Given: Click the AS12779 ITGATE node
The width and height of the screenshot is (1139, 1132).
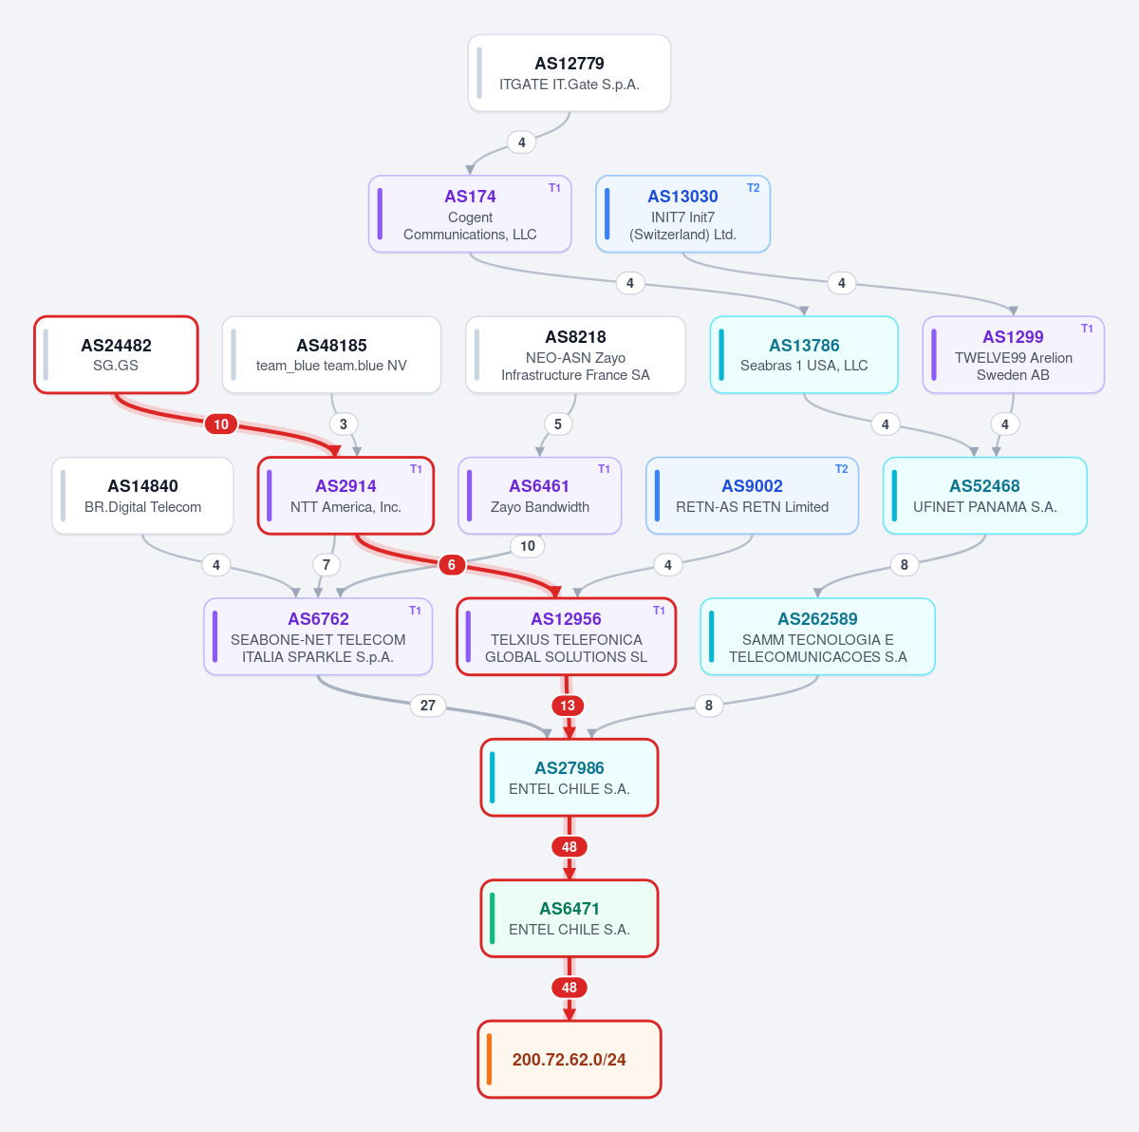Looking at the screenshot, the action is [569, 73].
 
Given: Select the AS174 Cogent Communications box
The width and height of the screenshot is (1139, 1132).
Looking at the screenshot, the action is [470, 214].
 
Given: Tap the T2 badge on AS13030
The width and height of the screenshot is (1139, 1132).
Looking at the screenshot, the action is [753, 188].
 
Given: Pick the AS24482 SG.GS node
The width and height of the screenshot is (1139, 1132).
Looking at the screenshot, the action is [116, 354].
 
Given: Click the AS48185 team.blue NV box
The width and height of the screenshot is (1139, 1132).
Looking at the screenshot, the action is [331, 354].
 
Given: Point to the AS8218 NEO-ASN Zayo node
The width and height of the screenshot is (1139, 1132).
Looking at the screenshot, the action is [576, 354].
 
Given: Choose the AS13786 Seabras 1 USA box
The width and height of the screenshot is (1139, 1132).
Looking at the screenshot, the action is [804, 354].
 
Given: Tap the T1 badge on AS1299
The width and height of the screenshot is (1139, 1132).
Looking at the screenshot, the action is [1087, 329].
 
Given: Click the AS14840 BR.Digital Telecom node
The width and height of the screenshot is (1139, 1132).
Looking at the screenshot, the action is [142, 496].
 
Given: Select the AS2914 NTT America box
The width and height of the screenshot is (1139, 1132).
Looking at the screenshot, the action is [345, 496].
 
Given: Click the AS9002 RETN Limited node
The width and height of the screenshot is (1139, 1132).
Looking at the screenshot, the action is [752, 496].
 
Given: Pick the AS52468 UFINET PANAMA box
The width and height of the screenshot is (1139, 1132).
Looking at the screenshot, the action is [984, 496].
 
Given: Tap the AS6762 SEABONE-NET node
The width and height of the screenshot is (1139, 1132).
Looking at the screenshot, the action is [318, 636].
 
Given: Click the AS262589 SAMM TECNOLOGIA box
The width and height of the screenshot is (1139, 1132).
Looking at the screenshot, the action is [817, 636].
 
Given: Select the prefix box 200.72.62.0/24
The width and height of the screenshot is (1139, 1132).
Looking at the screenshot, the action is [569, 1059].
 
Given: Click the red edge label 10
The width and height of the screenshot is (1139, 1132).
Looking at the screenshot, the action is [221, 424].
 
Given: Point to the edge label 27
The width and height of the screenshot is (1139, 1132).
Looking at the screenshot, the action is [428, 705].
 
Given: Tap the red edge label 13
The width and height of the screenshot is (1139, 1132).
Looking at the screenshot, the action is [568, 705].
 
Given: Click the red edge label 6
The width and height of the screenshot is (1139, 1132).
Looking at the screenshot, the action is [452, 565].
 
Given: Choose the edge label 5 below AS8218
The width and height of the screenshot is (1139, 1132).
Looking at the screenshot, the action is [557, 424].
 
